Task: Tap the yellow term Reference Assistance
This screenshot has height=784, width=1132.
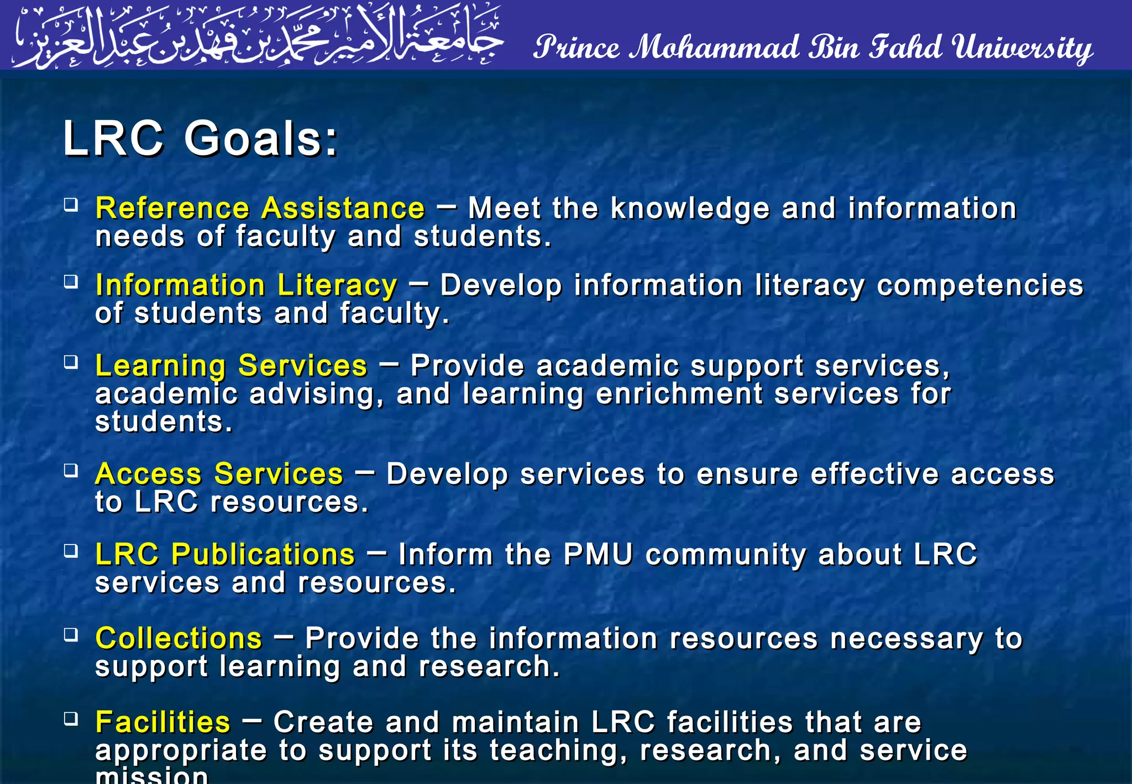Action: click(260, 208)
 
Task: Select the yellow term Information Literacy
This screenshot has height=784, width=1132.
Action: click(246, 285)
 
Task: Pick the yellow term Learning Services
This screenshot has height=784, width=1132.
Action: click(231, 365)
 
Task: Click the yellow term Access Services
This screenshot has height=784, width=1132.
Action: click(219, 474)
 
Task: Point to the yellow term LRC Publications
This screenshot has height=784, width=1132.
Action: click(224, 554)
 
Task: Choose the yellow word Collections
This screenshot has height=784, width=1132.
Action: click(179, 638)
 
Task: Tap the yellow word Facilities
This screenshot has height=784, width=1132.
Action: click(163, 722)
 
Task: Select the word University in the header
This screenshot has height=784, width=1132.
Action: click(1022, 48)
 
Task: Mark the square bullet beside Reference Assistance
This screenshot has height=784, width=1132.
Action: click(71, 205)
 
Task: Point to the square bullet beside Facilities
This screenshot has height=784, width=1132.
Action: click(71, 718)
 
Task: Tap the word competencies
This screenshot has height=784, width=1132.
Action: click(980, 285)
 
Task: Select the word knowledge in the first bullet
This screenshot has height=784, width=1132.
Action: click(690, 208)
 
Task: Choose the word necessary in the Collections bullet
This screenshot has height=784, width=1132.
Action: click(906, 638)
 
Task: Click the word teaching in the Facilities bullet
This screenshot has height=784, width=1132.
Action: click(558, 750)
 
